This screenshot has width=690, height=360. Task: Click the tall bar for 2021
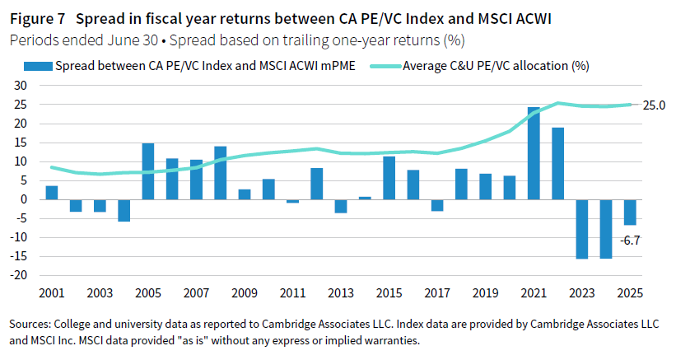pyautogui.click(x=534, y=153)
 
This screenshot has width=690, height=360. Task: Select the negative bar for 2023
pyautogui.click(x=582, y=229)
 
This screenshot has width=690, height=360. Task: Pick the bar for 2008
pyautogui.click(x=221, y=173)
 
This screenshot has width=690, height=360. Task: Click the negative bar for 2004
pyautogui.click(x=124, y=210)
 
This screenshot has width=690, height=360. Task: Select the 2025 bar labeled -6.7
pyautogui.click(x=630, y=212)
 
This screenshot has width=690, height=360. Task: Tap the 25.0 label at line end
pyautogui.click(x=655, y=105)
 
